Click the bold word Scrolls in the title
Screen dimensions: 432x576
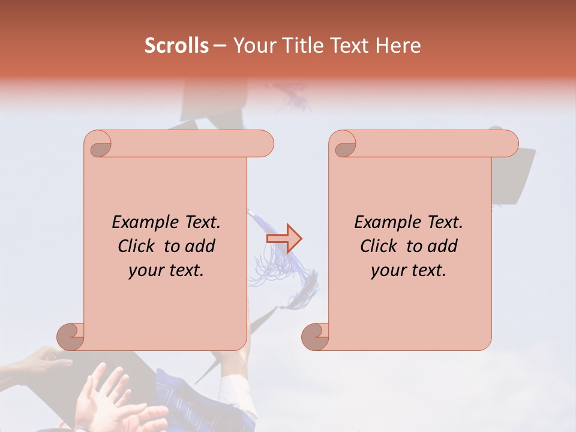coord(176,46)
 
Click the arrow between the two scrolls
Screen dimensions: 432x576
coord(284,239)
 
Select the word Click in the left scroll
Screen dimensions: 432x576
coord(138,246)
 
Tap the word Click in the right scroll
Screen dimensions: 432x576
coord(380,246)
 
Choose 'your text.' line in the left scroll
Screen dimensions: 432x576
coord(166,271)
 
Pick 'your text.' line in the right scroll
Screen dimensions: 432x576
coord(409,271)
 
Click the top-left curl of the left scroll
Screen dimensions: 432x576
coord(98,144)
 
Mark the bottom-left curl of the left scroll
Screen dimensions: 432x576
coord(71,336)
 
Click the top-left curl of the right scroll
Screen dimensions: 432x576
coord(343,144)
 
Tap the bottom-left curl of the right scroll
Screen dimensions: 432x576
coord(316,336)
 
